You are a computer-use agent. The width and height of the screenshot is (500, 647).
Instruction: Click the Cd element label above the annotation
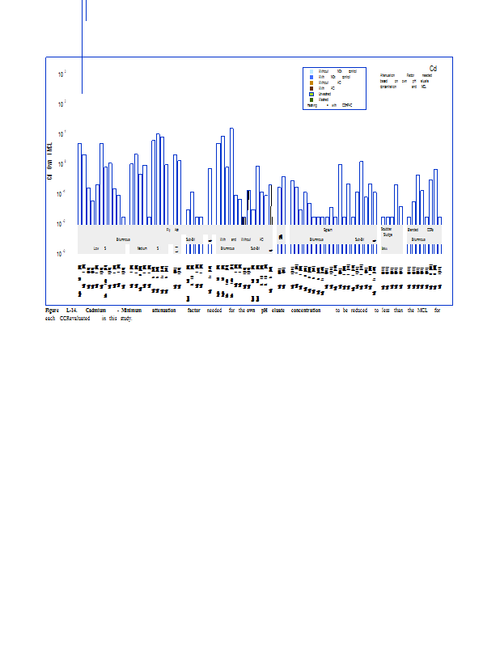coord(434,68)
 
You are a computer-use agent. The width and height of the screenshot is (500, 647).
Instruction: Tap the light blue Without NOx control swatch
coord(311,71)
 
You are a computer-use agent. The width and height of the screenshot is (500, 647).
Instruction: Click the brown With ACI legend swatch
coord(311,88)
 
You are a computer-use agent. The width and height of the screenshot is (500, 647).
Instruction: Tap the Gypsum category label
coord(328,230)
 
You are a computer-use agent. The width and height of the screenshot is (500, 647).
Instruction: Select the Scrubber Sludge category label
coord(387,232)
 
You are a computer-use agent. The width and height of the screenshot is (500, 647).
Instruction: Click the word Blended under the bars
coord(413,230)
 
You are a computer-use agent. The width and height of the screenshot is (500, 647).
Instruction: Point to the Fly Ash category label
coord(172,230)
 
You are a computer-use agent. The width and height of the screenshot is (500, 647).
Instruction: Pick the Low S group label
coord(100,248)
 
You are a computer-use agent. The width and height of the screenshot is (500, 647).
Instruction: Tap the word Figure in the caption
coord(52,310)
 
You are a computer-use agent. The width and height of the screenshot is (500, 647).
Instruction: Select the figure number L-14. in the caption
coord(72,310)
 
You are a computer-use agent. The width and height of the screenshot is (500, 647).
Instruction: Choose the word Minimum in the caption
coord(133,310)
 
